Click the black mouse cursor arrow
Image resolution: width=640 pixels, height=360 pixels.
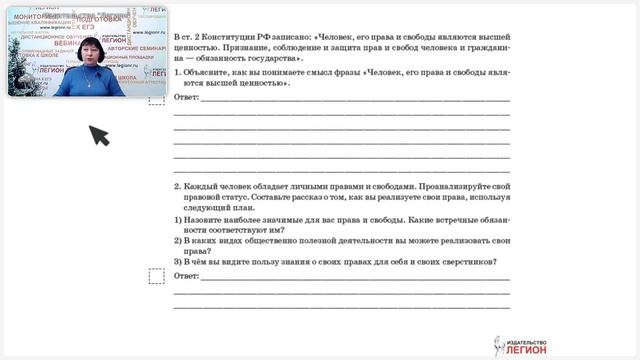pyautogui.click(x=98, y=134)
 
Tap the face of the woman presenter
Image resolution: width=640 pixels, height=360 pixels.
pyautogui.click(x=87, y=56)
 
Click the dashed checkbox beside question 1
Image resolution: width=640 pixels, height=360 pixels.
pyautogui.click(x=156, y=98)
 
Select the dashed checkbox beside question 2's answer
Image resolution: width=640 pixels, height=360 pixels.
pyautogui.click(x=156, y=276)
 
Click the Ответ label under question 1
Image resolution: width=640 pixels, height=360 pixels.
pyautogui.click(x=186, y=99)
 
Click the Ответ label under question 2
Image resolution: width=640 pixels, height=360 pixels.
pyautogui.click(x=186, y=275)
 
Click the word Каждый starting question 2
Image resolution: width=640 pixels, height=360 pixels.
pyautogui.click(x=202, y=187)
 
